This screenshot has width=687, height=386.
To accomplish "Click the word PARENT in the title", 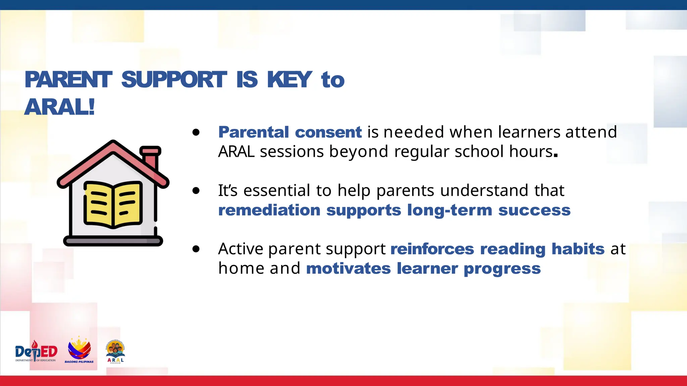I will click(x=68, y=80).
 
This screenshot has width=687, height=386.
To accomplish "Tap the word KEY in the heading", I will click(x=289, y=80).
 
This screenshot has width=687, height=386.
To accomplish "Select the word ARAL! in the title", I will click(x=60, y=107).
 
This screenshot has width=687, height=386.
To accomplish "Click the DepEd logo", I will click(x=36, y=352).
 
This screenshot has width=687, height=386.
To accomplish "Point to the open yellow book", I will click(x=113, y=204).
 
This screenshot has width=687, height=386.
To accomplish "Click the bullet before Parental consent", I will click(x=196, y=132).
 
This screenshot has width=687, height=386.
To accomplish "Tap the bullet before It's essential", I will click(x=196, y=191).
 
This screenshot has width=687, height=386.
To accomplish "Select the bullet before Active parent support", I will click(x=196, y=249).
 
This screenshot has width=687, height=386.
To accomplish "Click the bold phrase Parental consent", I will click(x=290, y=132).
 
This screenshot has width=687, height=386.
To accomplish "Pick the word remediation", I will click(x=269, y=210).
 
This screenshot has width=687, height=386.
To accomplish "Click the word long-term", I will click(x=450, y=210).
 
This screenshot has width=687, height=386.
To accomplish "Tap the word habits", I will click(x=578, y=249).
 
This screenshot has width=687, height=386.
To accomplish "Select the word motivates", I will click(x=348, y=269).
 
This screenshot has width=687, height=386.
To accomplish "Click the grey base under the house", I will click(x=113, y=241).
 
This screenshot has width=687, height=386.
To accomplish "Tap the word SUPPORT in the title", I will click(x=174, y=80).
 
